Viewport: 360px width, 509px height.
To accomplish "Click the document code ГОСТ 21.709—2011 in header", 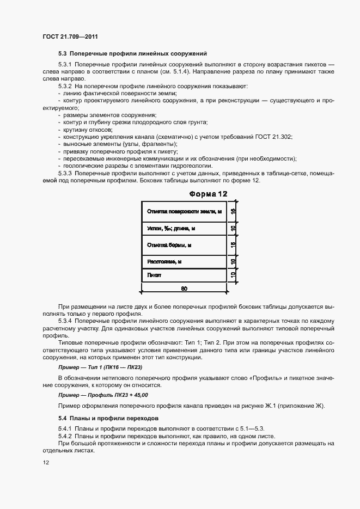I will click(x=70, y=37).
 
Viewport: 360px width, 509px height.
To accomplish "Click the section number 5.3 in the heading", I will click(x=62, y=53).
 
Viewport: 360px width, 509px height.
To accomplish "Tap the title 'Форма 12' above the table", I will click(x=208, y=194).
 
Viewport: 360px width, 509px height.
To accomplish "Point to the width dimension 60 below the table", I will click(x=184, y=287).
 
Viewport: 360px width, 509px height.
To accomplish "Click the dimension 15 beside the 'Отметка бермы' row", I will click(x=233, y=245).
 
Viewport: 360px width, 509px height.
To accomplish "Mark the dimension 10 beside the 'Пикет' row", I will click(x=233, y=275).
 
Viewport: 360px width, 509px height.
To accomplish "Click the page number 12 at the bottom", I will click(x=46, y=463).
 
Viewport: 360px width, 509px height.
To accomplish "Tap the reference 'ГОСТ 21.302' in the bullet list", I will click(x=274, y=137).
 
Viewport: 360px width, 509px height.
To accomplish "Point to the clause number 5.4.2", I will click(x=65, y=437).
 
